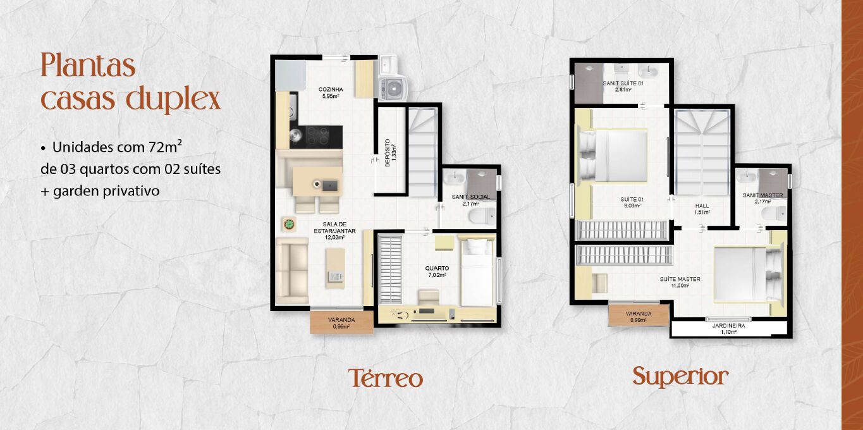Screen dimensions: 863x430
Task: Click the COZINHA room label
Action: click(x=331, y=89)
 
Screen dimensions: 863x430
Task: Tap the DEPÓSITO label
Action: click(x=388, y=153)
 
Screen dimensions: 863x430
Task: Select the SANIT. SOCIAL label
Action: click(x=471, y=197)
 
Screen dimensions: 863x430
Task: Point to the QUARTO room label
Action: click(x=437, y=268)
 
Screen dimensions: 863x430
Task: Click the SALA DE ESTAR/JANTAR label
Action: click(x=334, y=227)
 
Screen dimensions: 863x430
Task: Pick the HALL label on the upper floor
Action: click(x=702, y=206)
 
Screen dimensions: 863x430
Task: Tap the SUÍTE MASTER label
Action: click(x=680, y=279)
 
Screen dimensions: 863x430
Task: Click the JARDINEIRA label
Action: click(x=728, y=326)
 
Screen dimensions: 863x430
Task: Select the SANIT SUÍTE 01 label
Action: click(x=623, y=83)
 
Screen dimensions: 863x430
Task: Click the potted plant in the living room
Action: click(x=288, y=224)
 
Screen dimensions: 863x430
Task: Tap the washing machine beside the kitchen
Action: click(x=393, y=89)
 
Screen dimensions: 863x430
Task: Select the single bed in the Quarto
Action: click(x=477, y=273)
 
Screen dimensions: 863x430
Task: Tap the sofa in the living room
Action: click(x=292, y=271)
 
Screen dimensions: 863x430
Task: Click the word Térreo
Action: click(x=385, y=378)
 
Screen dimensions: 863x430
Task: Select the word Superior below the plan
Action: click(x=680, y=376)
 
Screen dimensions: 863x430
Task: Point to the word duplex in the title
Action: click(x=173, y=99)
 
